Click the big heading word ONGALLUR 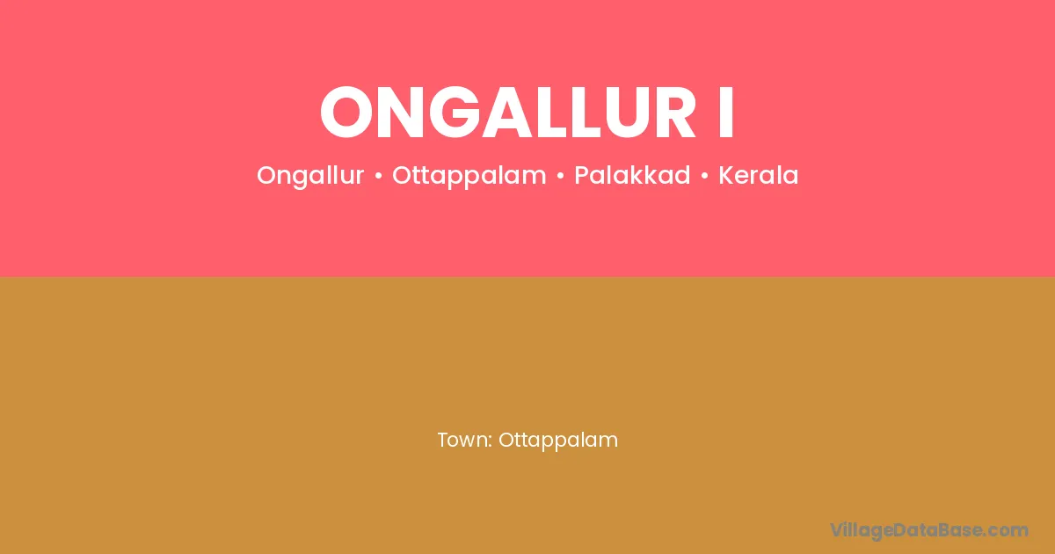coord(508,113)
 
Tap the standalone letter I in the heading coord(726,113)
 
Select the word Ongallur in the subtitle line coord(310,177)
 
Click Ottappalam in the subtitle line coord(469,177)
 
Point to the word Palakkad coord(632,175)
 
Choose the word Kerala coord(758,175)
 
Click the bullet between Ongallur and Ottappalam coord(378,176)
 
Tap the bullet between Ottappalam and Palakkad coord(561,176)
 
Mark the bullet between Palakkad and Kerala coord(704,176)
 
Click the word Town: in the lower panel coord(465,440)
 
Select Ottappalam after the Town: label coord(558,441)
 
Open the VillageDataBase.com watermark coord(929,530)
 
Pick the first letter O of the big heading coord(347,113)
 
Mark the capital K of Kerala coord(728,175)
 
